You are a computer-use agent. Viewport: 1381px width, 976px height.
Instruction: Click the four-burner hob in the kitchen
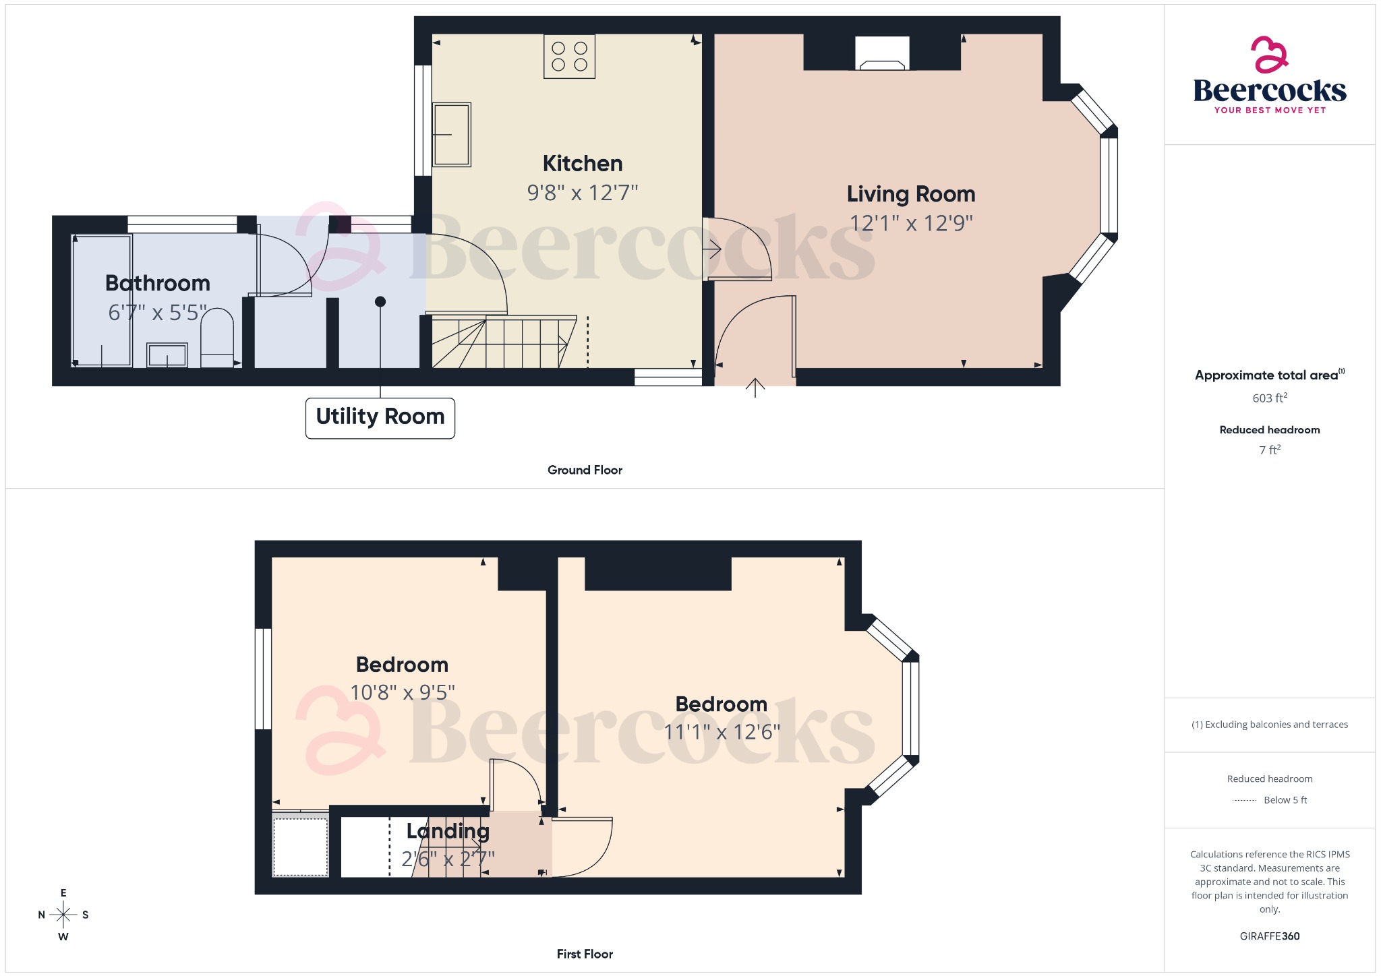(569, 57)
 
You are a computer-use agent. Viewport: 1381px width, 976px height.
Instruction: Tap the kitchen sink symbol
(451, 134)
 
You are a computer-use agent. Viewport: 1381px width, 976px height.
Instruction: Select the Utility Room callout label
(380, 417)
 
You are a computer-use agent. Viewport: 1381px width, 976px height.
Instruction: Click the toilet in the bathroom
(217, 337)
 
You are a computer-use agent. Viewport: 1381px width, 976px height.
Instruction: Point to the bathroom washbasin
(167, 355)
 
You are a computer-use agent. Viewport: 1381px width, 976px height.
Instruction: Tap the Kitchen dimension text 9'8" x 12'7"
(582, 193)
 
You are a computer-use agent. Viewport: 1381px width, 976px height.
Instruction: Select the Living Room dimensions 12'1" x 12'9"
(910, 223)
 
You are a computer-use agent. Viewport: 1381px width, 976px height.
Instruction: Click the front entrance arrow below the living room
(755, 388)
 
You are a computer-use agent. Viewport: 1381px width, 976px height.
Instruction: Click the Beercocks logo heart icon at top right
(1269, 55)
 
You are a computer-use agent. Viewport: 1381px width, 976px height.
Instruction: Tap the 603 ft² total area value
(1269, 398)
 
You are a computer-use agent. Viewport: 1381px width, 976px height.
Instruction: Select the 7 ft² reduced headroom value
(1269, 450)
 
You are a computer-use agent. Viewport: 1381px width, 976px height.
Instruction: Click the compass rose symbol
(63, 915)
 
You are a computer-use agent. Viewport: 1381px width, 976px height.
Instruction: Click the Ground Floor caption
(585, 470)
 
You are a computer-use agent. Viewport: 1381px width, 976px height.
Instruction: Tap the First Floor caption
(585, 954)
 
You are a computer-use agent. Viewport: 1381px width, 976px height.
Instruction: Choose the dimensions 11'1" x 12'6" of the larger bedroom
(722, 732)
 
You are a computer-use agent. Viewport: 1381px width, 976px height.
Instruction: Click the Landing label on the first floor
(448, 831)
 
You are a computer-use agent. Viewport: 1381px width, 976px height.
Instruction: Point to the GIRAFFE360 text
(1269, 936)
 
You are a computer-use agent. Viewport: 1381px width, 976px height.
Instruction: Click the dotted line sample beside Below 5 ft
(1244, 801)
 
